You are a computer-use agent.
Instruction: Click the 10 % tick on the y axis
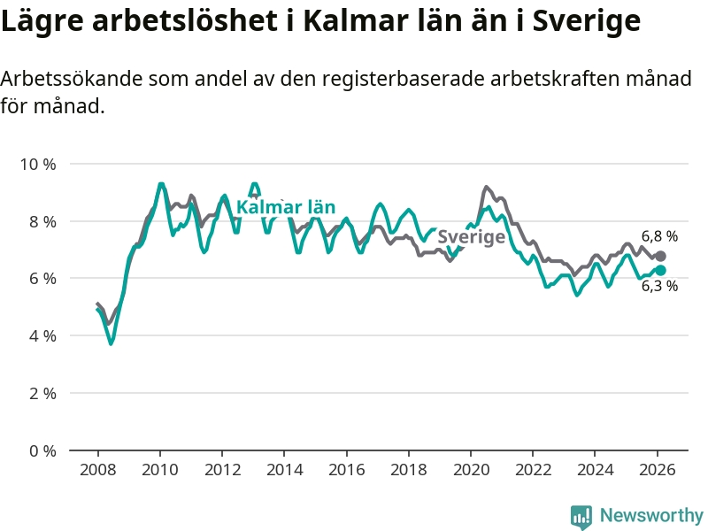pyautogui.click(x=38, y=165)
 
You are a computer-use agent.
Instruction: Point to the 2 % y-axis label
pyautogui.click(x=42, y=393)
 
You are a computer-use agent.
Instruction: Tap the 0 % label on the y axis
pyautogui.click(x=42, y=450)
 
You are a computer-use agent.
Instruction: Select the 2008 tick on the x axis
pyautogui.click(x=97, y=469)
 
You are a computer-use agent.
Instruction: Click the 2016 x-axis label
pyautogui.click(x=346, y=469)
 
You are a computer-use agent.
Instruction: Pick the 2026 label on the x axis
pyautogui.click(x=658, y=469)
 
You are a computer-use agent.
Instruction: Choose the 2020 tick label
pyautogui.click(x=471, y=469)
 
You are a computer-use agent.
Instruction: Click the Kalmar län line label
pyautogui.click(x=286, y=208)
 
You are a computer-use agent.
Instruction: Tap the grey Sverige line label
pyautogui.click(x=472, y=237)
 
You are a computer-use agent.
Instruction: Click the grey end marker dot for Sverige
pyautogui.click(x=660, y=256)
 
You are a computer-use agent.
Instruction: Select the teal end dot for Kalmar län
pyautogui.click(x=660, y=270)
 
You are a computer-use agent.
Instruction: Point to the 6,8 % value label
pyautogui.click(x=659, y=236)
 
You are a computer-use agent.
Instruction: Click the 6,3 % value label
pyautogui.click(x=659, y=286)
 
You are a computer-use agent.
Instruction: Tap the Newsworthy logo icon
pyautogui.click(x=581, y=515)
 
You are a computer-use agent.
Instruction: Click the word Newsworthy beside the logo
pyautogui.click(x=651, y=515)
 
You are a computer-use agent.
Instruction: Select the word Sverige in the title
pyautogui.click(x=586, y=22)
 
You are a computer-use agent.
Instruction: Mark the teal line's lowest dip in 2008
pyautogui.click(x=111, y=343)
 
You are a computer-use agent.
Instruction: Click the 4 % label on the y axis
pyautogui.click(x=42, y=336)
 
